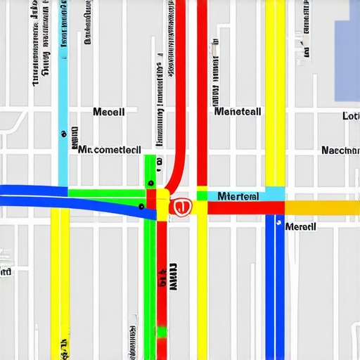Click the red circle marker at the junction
click(181, 207)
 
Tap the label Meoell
click(109, 112)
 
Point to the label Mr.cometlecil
click(108, 150)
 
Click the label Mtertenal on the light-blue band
click(238, 195)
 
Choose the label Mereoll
click(300, 226)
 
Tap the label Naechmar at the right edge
click(340, 150)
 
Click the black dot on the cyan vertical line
click(63, 131)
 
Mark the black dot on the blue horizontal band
click(141, 206)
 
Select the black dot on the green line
click(150, 183)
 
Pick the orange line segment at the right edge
click(323, 207)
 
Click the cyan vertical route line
click(63, 84)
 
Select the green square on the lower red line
click(162, 331)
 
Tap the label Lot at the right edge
click(350, 116)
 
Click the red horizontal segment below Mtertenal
click(239, 207)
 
